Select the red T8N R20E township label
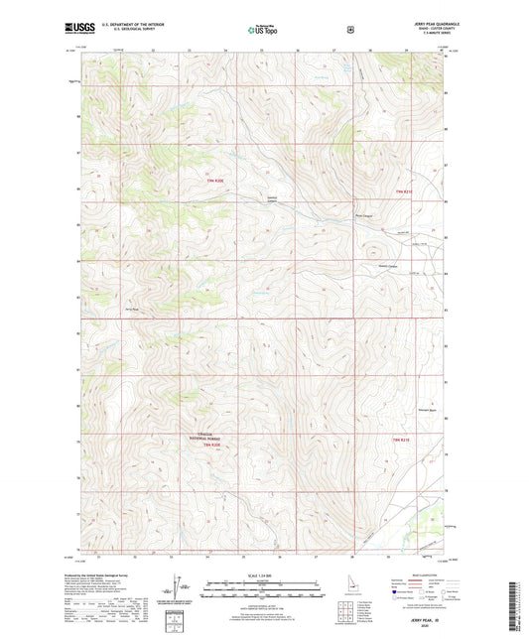pos(212,446)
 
